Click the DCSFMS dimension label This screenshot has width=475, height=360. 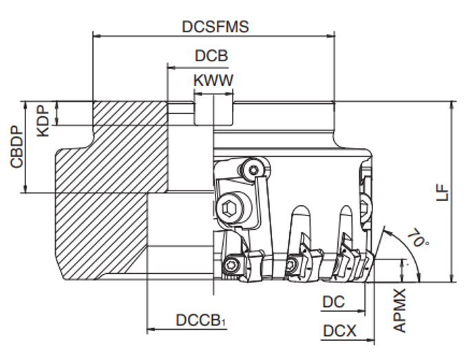tap(215, 26)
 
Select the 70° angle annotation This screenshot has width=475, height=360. tap(415, 240)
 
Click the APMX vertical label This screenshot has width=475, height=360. tap(400, 311)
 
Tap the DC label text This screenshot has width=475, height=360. tap(333, 301)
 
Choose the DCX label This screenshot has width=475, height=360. tap(339, 331)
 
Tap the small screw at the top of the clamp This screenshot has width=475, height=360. tap(255, 169)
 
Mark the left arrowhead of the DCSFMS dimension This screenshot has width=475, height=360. tap(96, 36)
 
